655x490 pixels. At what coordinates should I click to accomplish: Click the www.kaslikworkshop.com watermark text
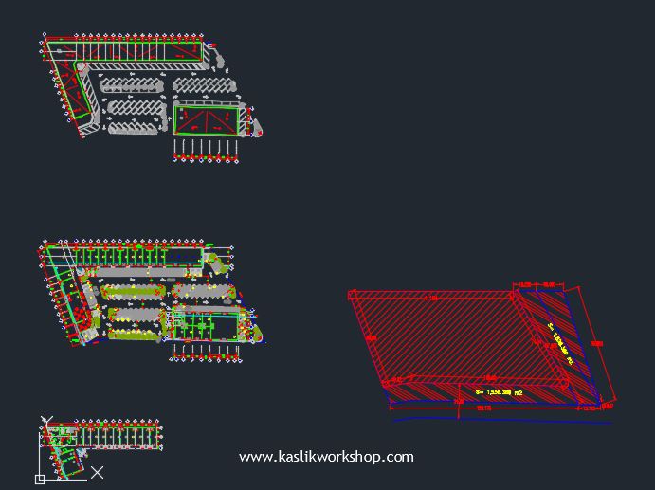[326, 457]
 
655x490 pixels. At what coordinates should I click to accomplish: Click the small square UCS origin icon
[40, 480]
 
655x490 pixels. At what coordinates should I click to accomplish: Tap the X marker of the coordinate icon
[97, 471]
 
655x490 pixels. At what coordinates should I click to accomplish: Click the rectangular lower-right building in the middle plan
[205, 325]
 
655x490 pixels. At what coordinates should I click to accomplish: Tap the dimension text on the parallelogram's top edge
[431, 299]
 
